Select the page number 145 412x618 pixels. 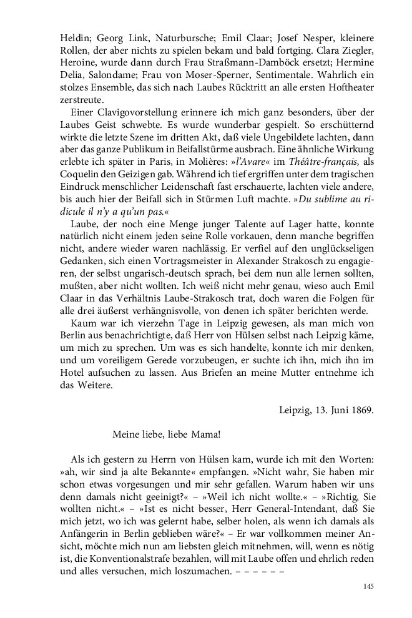point(367,587)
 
